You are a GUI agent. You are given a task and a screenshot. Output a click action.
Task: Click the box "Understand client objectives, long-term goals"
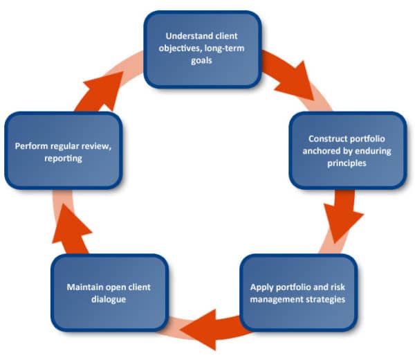203,48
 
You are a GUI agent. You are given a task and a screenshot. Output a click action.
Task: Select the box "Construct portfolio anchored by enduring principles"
348,150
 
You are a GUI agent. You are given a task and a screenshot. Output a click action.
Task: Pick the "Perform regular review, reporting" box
64,151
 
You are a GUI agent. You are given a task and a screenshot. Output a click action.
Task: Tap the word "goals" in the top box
203,60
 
